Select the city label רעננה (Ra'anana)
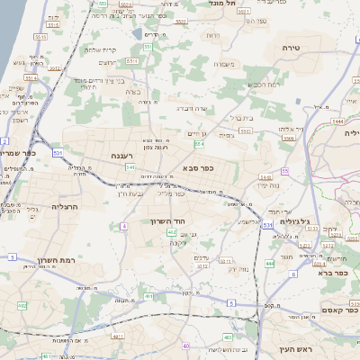123,156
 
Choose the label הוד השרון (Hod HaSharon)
167,220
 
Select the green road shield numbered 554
198,143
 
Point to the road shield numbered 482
22,306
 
